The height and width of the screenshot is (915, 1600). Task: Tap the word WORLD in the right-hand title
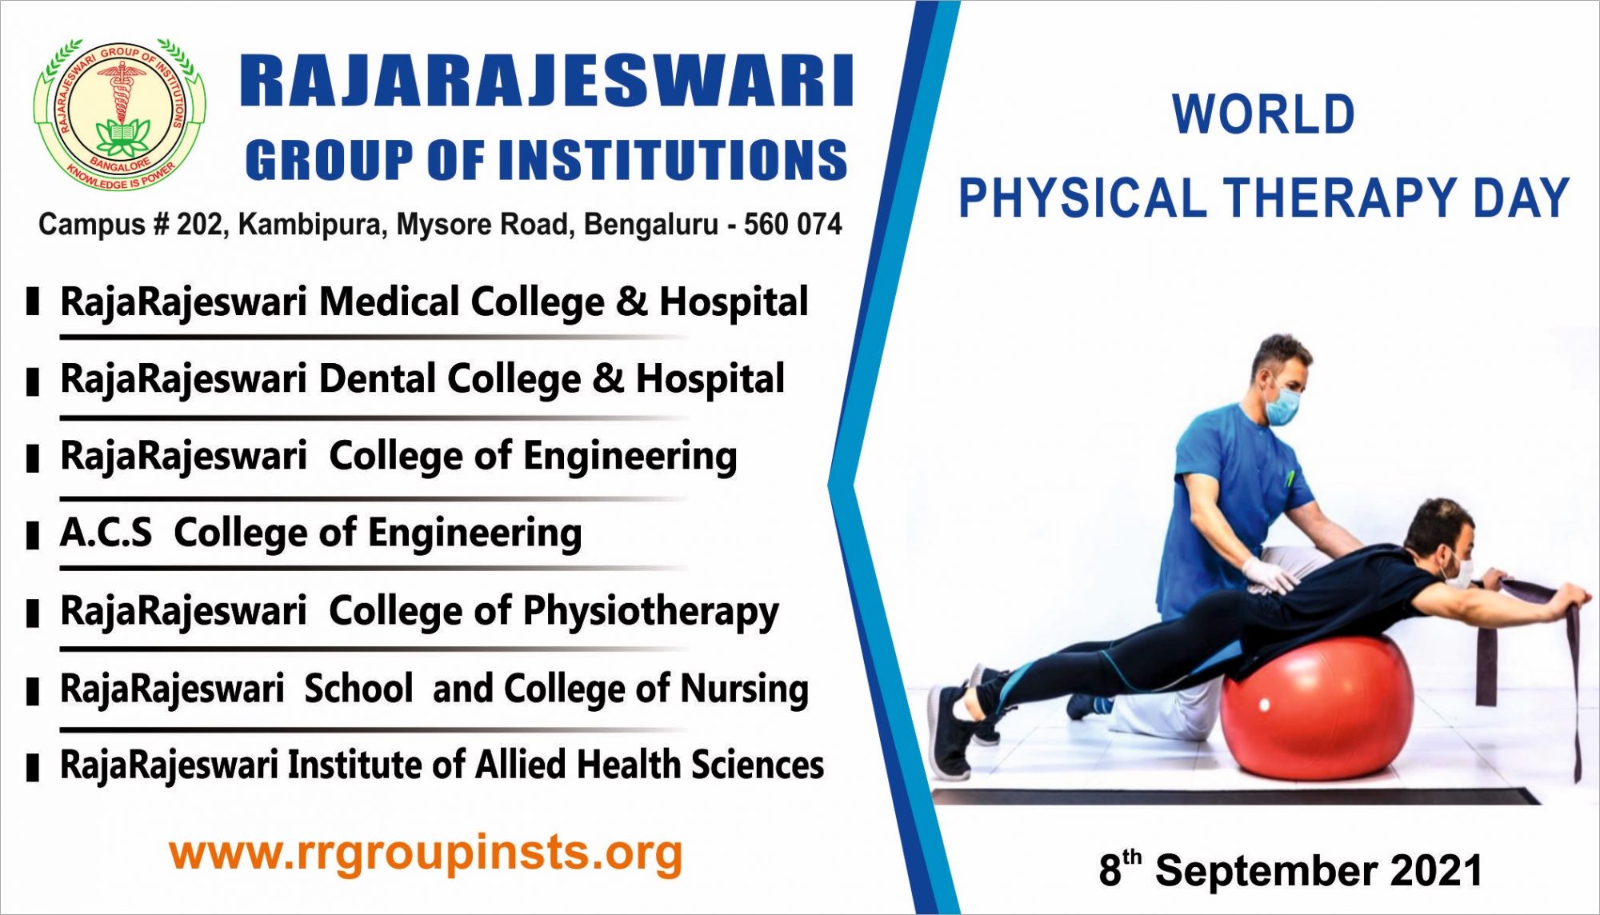pyautogui.click(x=1263, y=114)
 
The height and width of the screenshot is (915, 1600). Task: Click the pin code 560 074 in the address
pyautogui.click(x=792, y=225)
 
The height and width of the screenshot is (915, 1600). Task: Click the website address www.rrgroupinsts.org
pyautogui.click(x=426, y=853)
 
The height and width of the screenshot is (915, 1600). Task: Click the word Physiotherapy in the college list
pyautogui.click(x=650, y=612)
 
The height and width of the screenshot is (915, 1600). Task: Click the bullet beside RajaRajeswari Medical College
pyautogui.click(x=33, y=302)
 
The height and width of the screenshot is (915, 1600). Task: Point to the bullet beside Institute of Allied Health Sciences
pyautogui.click(x=33, y=767)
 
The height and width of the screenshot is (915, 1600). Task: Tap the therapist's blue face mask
pyautogui.click(x=1282, y=406)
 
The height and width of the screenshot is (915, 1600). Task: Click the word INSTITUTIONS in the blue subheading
pyautogui.click(x=672, y=160)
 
